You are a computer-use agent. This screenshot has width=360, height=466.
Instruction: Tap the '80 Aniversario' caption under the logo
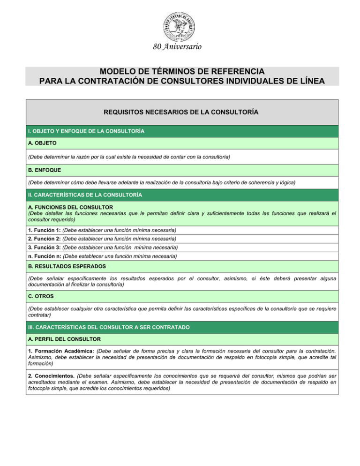pos(180,47)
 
